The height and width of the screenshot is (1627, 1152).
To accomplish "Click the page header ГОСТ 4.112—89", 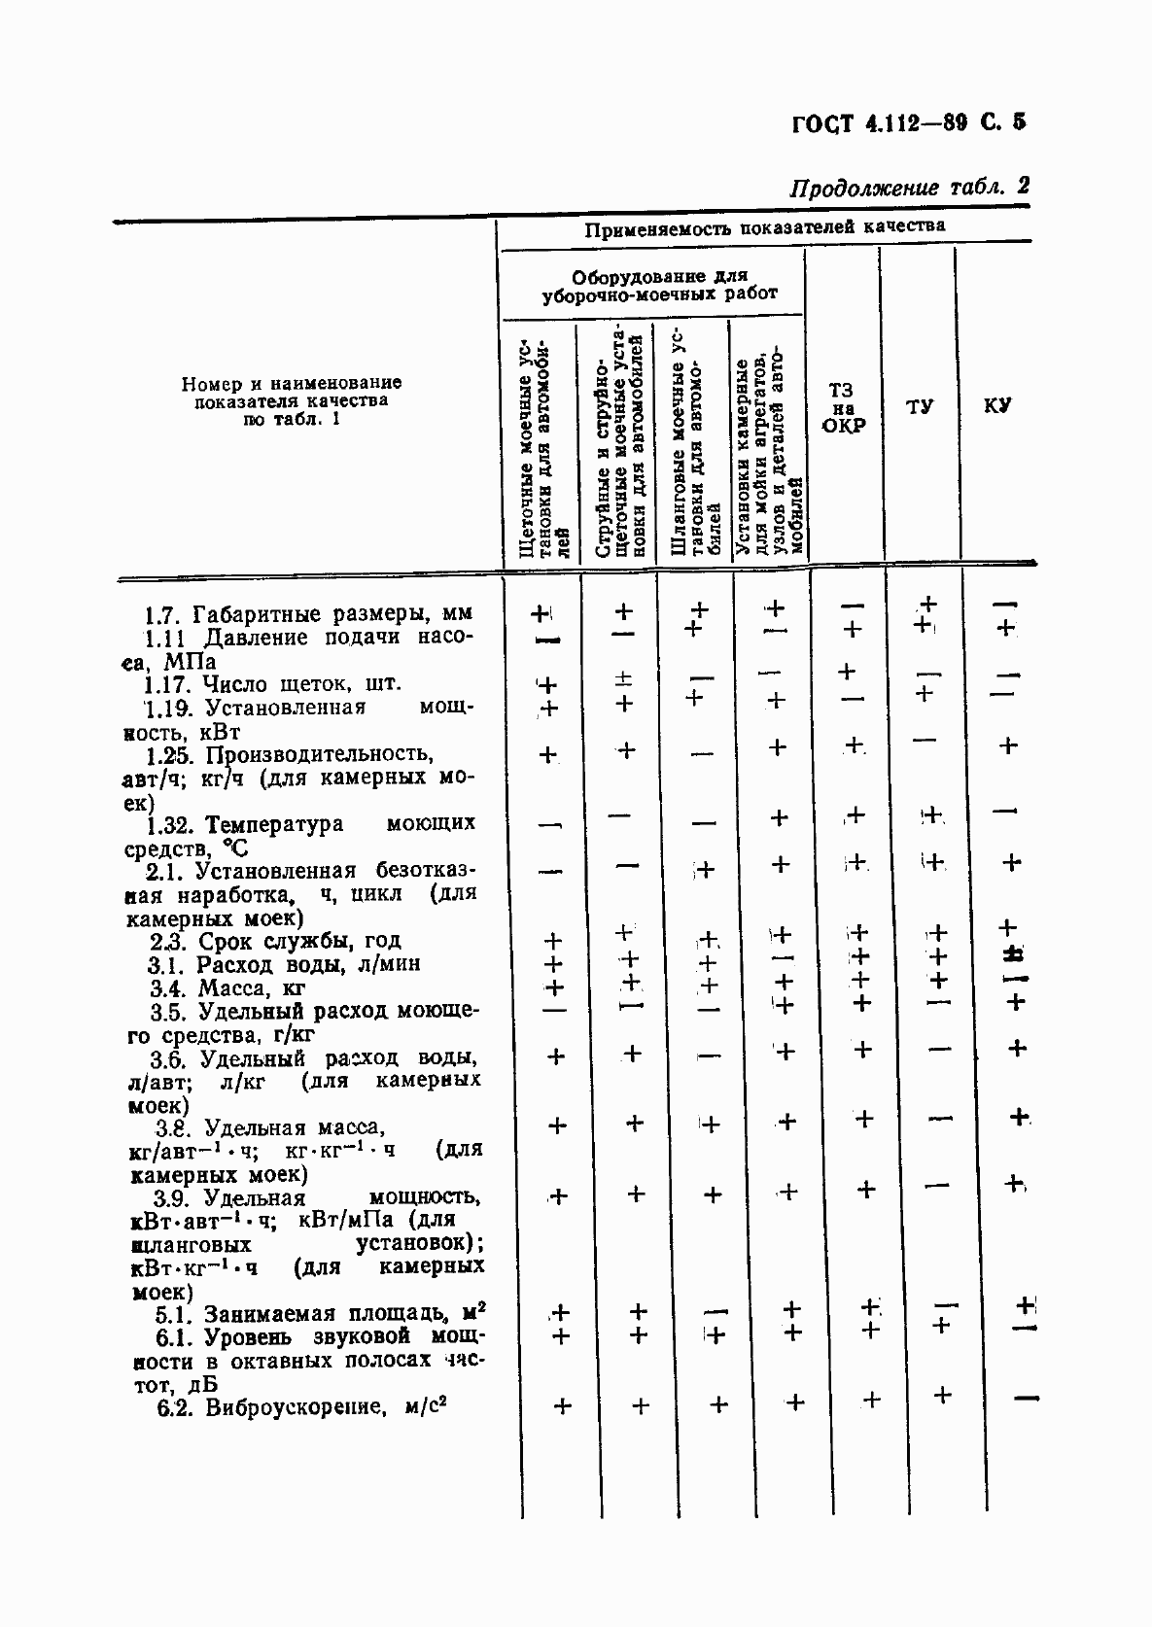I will click(908, 123).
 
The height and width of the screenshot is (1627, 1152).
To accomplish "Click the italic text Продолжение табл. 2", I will click(908, 187).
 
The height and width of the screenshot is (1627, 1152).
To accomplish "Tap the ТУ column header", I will click(920, 406).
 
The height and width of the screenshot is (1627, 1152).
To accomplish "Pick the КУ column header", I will click(996, 405).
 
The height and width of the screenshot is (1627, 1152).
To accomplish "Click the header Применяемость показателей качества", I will click(764, 228).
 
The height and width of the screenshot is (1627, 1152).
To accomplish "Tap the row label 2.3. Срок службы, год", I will click(275, 941).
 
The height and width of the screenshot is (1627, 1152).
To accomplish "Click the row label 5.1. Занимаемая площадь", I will click(321, 1314).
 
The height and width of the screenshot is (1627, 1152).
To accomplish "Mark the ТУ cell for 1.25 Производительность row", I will click(925, 742).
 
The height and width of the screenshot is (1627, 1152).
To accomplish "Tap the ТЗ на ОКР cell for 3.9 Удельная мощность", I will click(865, 1190).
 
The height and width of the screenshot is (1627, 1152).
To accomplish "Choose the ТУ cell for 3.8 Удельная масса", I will click(939, 1121).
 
